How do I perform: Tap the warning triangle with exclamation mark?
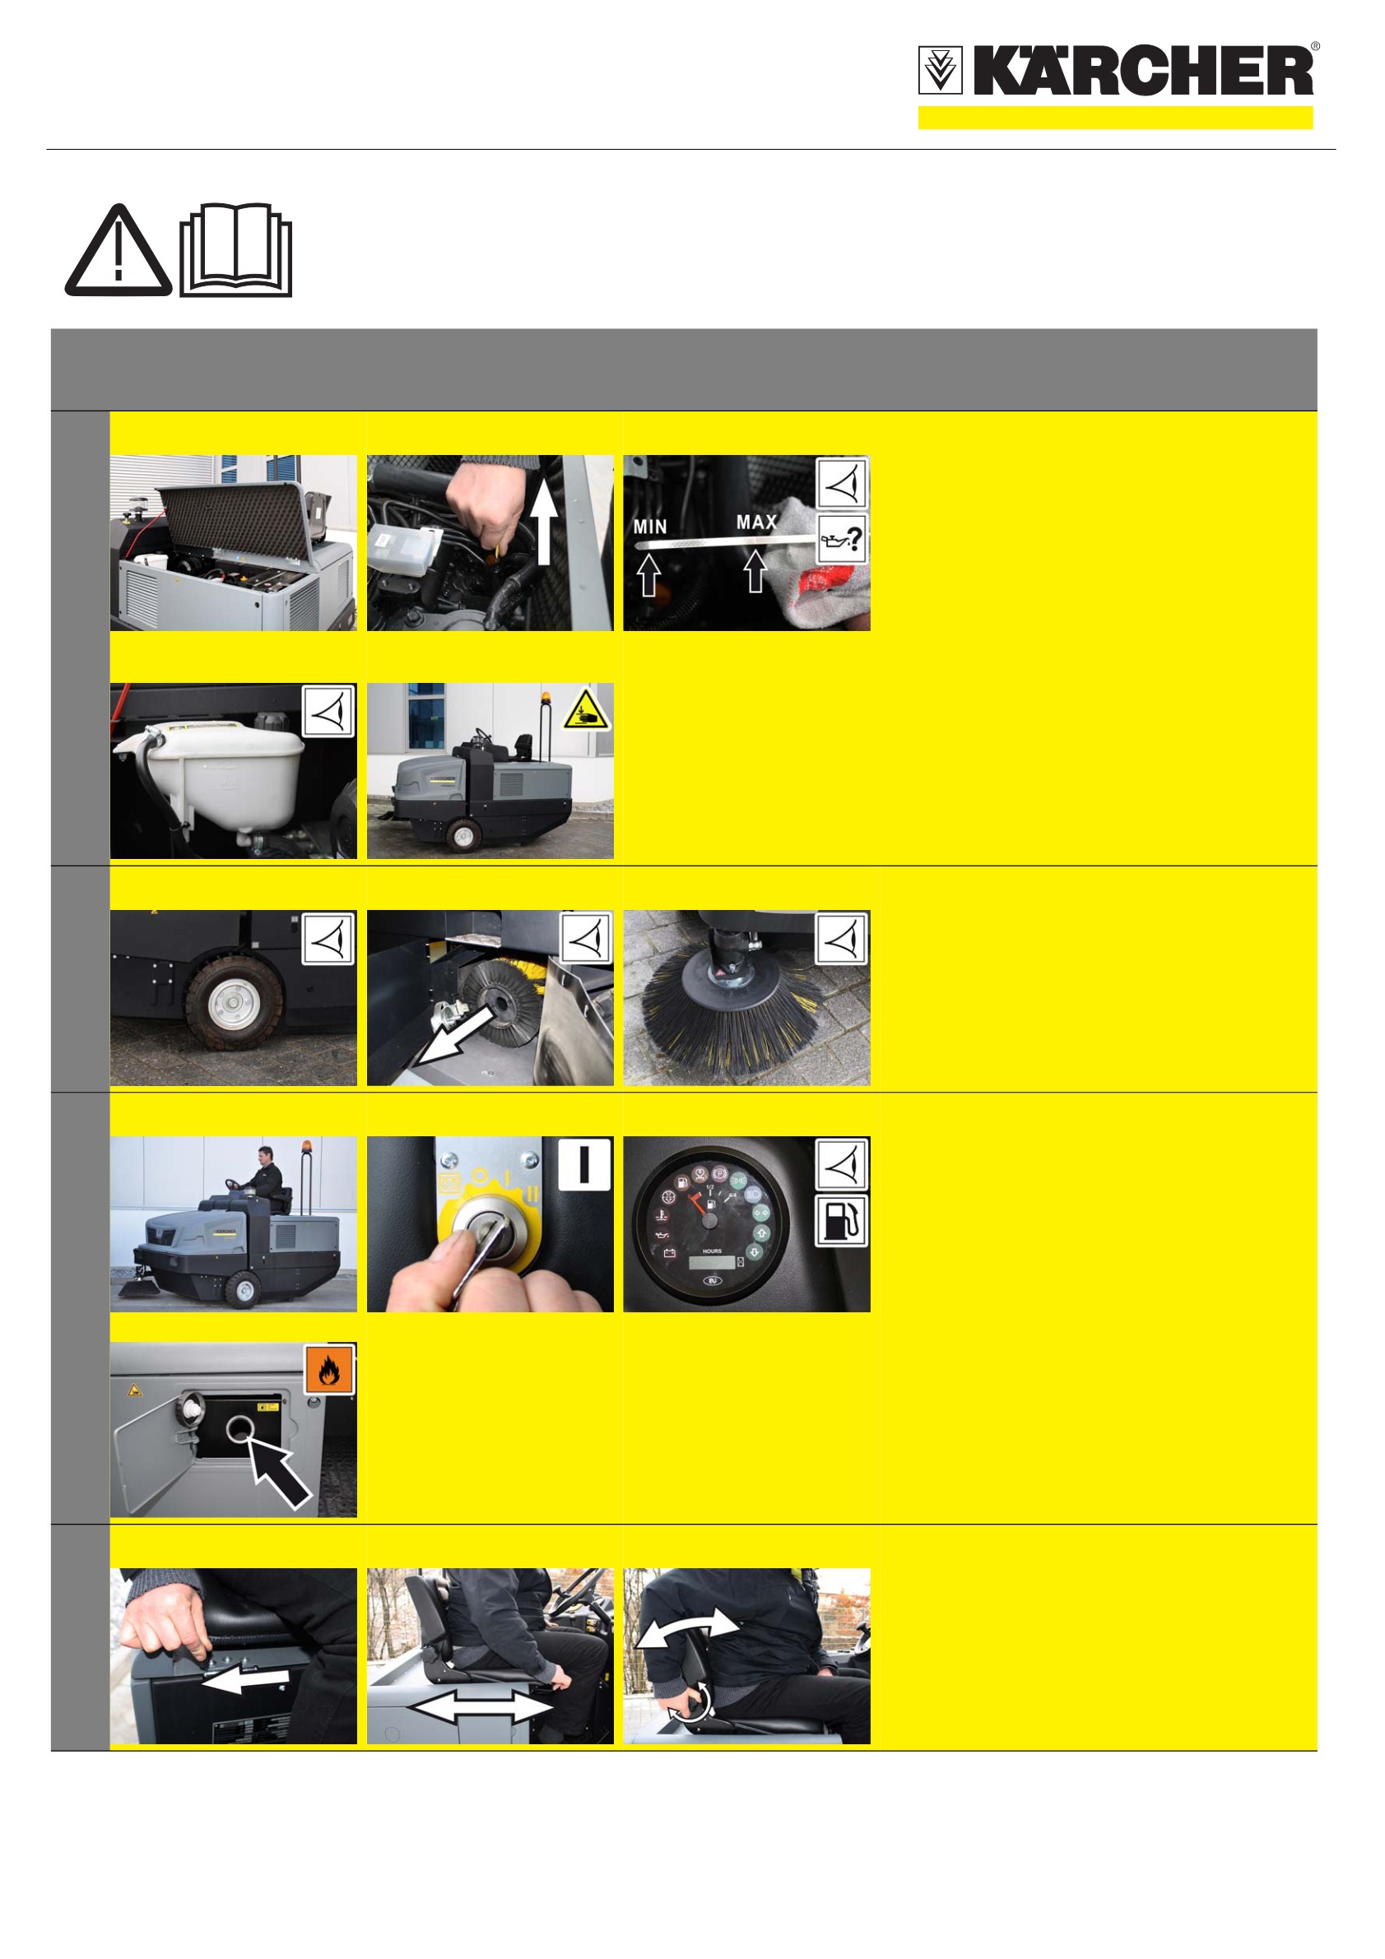tap(119, 251)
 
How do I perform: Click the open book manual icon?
tap(236, 249)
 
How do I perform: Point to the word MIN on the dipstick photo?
tap(650, 527)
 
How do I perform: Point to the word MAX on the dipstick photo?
tap(757, 522)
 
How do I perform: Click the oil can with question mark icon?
tap(841, 537)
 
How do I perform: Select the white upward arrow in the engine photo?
tap(543, 514)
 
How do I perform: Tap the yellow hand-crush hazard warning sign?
tap(585, 709)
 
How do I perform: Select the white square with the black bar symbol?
tap(584, 1163)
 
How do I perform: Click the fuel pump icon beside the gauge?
tap(841, 1221)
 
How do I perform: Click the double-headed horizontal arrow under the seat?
tap(482, 1707)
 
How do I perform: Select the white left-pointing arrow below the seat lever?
tap(246, 1679)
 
